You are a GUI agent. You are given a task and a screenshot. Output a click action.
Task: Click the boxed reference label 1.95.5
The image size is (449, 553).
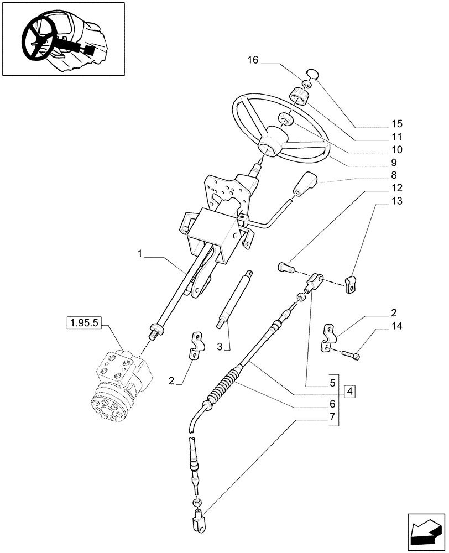tap(82, 322)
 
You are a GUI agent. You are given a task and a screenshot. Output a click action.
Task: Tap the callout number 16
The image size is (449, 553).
tap(253, 60)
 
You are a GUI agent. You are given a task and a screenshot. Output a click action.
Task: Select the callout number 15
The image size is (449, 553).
tap(396, 123)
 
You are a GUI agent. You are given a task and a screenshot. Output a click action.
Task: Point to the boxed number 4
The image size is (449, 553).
tap(349, 392)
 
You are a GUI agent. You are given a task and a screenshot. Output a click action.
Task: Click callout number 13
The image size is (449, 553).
tap(396, 201)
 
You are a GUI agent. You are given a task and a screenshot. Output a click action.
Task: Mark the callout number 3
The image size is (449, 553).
tap(220, 347)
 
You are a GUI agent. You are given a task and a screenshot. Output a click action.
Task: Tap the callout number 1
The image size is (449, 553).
tap(140, 254)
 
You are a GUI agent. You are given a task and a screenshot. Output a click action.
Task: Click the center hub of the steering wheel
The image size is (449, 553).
tap(272, 143)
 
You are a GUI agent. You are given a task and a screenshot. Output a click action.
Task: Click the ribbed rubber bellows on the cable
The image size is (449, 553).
tap(222, 387)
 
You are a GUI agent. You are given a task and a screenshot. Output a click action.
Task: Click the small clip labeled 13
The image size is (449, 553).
tap(351, 285)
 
